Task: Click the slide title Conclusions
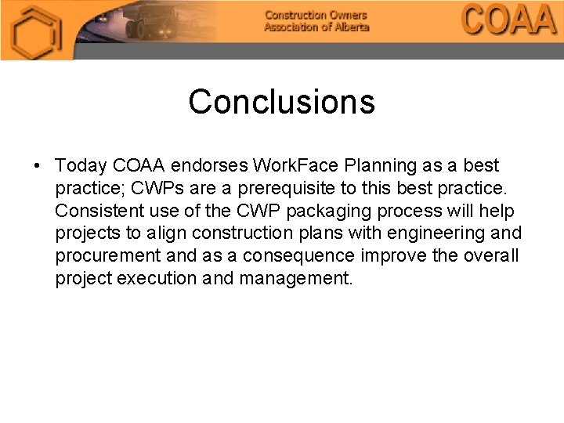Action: (x=281, y=102)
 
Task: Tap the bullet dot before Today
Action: (x=37, y=166)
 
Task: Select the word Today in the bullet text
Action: (x=81, y=166)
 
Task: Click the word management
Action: (x=296, y=278)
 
